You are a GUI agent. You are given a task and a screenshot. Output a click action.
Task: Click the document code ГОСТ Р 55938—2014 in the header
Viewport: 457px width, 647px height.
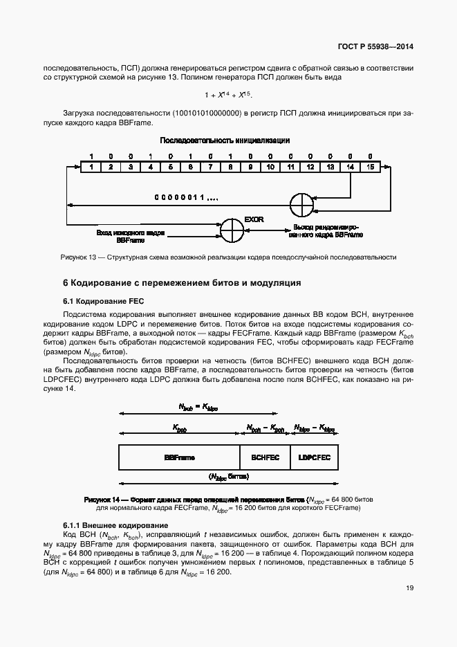(x=381, y=48)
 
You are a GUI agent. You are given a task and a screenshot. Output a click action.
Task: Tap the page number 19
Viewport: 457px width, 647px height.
(x=409, y=589)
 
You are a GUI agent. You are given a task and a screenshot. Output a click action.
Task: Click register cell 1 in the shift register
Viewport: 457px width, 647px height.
(x=91, y=167)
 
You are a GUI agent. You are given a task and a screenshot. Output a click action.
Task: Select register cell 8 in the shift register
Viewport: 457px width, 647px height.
(x=230, y=167)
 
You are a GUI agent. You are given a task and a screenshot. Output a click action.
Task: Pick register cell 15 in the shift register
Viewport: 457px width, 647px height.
(x=370, y=167)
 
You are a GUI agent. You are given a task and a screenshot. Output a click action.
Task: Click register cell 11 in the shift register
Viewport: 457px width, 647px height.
(x=290, y=167)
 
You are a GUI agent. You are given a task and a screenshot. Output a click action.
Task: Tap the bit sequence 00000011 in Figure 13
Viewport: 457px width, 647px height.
(x=185, y=198)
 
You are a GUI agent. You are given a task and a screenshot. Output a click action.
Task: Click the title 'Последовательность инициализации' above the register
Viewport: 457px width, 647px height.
(x=225, y=140)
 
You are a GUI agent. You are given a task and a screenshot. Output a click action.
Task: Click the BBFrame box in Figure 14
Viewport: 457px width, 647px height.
(x=179, y=458)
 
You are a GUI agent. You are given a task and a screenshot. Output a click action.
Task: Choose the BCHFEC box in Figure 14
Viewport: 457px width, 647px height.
(x=266, y=458)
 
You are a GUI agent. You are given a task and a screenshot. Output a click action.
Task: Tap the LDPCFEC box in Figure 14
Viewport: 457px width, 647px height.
(x=315, y=458)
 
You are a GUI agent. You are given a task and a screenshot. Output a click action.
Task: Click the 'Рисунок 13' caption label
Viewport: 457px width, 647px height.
(x=80, y=257)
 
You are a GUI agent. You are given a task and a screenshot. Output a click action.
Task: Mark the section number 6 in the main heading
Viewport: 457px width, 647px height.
(x=66, y=284)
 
